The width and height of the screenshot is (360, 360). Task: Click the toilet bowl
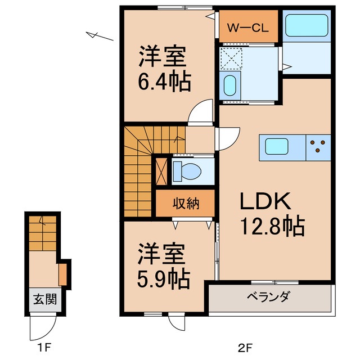[186, 170]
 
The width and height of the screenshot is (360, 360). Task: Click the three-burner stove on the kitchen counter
[318, 146]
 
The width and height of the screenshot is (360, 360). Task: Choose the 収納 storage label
[185, 204]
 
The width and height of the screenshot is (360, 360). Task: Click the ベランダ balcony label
[268, 296]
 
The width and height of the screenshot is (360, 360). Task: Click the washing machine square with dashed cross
[230, 58]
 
